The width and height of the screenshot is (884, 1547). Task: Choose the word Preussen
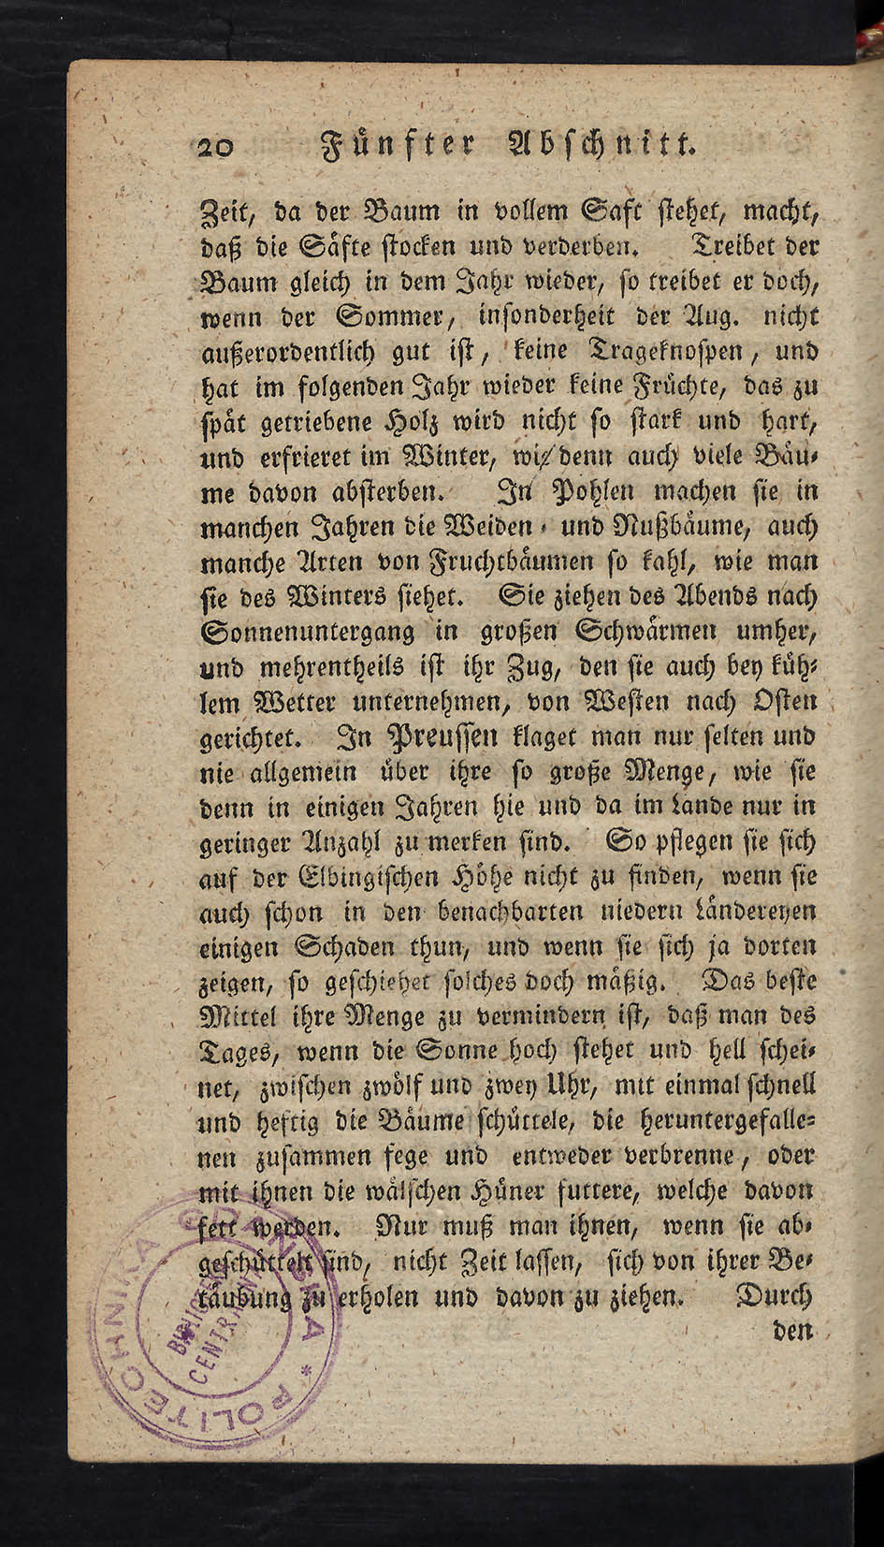click(442, 737)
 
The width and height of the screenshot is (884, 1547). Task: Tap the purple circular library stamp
click(225, 1310)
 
